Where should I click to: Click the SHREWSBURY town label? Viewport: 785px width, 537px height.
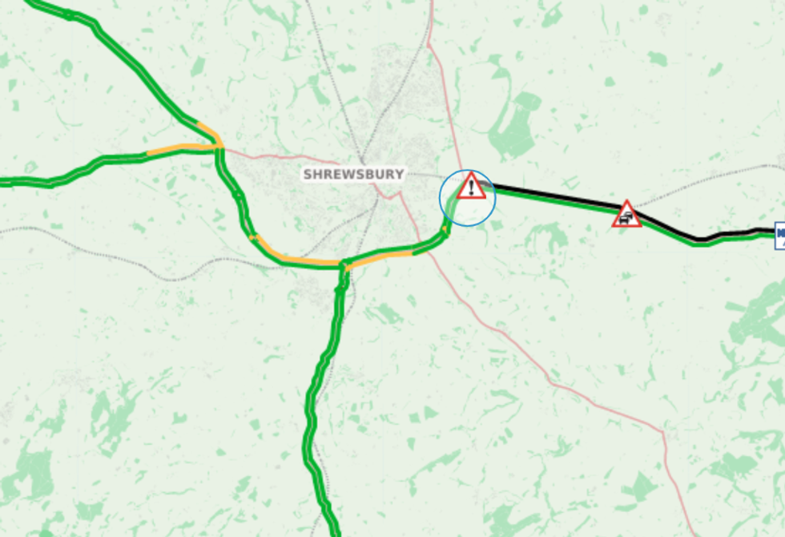click(x=353, y=174)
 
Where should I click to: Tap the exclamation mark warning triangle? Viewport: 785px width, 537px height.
click(x=472, y=187)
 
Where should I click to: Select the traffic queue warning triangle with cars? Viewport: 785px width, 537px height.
click(x=626, y=215)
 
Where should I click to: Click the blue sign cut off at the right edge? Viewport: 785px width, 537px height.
click(x=779, y=233)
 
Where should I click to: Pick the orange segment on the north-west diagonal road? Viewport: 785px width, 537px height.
click(x=207, y=130)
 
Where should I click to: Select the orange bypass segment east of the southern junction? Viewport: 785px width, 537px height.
click(x=380, y=256)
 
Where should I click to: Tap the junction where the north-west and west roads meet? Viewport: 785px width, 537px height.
click(x=219, y=147)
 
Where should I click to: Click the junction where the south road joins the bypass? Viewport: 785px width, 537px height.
click(x=344, y=264)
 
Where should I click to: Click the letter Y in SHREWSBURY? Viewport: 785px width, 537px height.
click(x=399, y=174)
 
